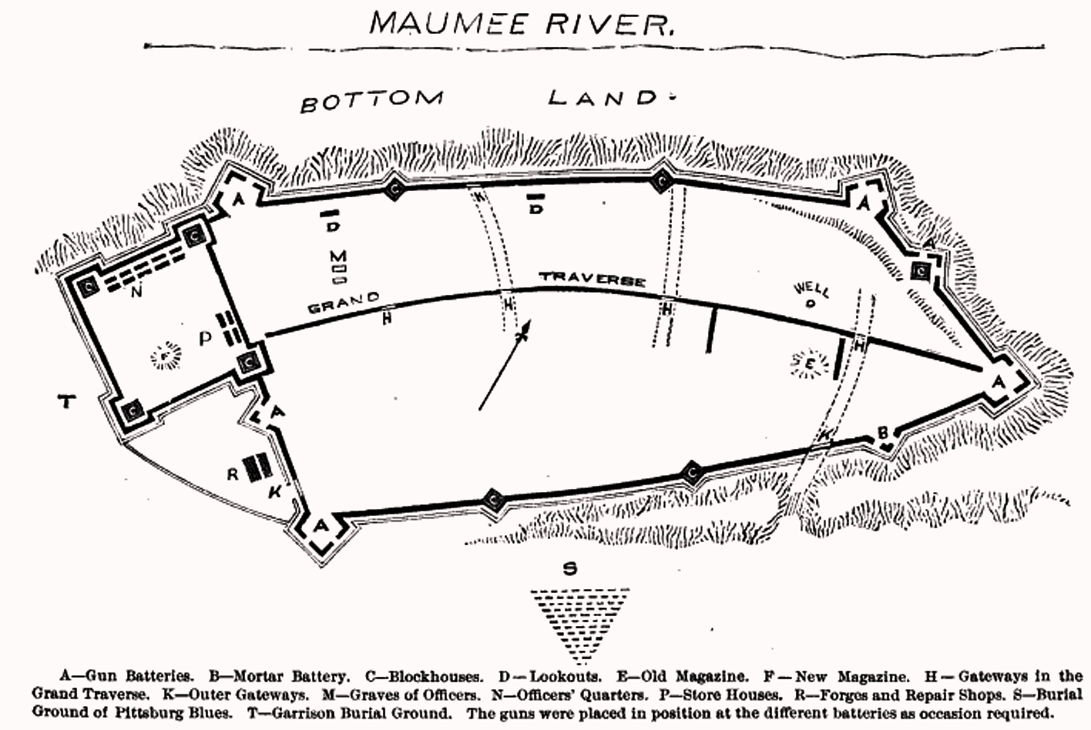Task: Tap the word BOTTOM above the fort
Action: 371,101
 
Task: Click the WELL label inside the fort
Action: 811,290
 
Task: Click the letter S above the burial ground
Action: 569,569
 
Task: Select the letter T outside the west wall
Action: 68,400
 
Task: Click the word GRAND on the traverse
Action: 344,302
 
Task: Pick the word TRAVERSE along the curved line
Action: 592,279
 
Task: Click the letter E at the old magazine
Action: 810,363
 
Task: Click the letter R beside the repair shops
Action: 233,474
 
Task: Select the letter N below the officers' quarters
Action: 136,291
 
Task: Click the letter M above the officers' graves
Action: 337,256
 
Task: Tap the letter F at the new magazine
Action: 164,356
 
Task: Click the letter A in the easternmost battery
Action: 999,382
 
